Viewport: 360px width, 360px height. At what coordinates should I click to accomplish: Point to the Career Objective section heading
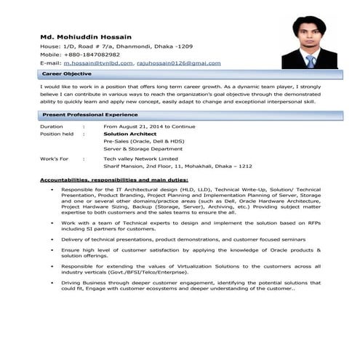[66, 75]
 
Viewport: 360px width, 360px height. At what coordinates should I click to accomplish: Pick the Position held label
[57, 134]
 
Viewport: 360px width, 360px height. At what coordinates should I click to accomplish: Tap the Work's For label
[54, 158]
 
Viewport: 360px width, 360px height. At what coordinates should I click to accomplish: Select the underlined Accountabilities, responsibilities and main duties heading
[113, 179]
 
